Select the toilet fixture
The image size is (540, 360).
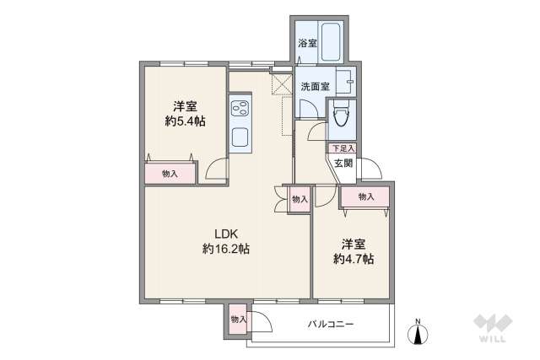(x=342, y=117)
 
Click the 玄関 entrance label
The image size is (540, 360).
(x=343, y=164)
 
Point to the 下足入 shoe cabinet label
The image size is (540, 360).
(x=342, y=148)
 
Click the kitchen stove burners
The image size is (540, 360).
(x=238, y=109)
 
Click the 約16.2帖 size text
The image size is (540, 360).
(x=225, y=249)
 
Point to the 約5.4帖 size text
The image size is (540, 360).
(x=186, y=121)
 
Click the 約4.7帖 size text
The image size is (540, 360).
(x=353, y=258)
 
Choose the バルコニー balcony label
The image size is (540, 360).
(x=330, y=325)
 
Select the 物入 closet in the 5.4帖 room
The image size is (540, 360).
(x=170, y=173)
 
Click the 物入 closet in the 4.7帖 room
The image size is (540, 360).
(x=365, y=197)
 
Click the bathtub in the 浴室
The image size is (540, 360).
(x=329, y=40)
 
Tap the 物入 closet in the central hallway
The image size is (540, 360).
(x=299, y=199)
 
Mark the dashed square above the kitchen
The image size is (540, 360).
(x=280, y=83)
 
